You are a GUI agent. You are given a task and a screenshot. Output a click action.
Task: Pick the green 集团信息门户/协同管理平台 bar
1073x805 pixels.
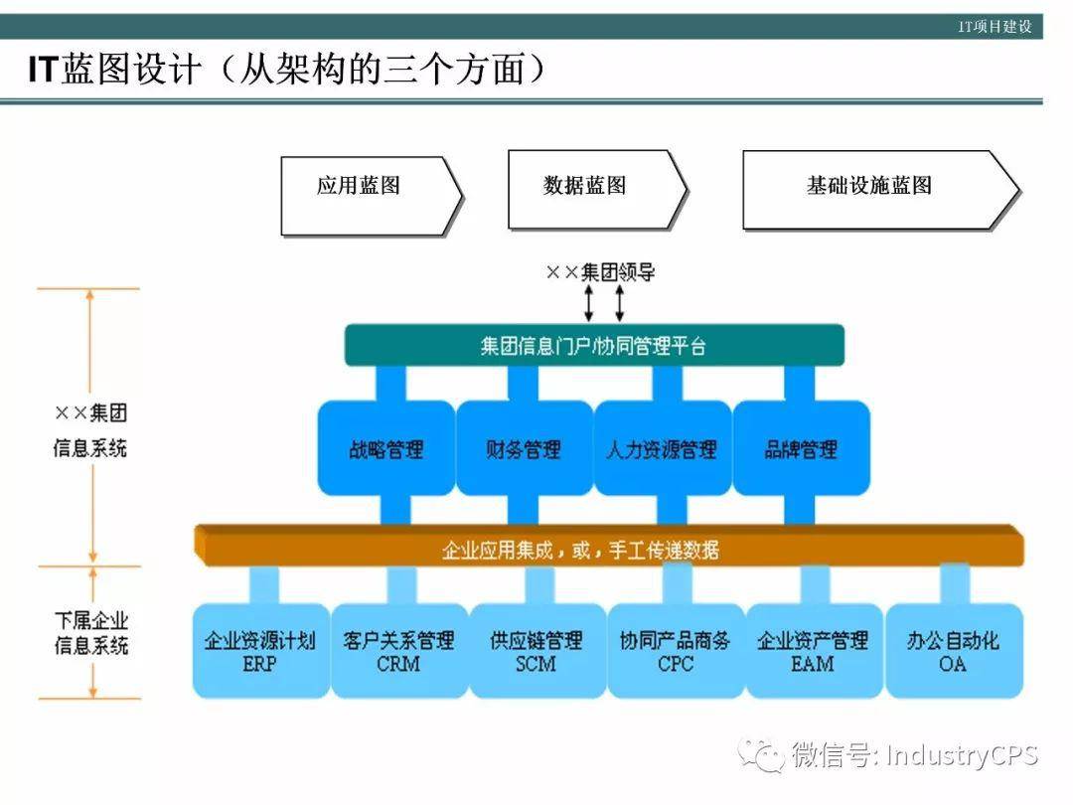(x=594, y=346)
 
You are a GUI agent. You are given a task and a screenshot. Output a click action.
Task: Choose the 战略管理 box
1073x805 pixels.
(x=385, y=449)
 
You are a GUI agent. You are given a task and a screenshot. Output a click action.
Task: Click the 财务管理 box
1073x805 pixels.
(x=524, y=449)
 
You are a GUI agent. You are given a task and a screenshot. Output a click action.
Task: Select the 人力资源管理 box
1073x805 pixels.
(x=662, y=449)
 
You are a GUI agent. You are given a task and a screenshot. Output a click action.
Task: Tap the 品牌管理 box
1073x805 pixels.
(x=801, y=449)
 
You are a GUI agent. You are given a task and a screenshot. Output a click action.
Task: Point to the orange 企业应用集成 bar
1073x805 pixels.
(x=608, y=549)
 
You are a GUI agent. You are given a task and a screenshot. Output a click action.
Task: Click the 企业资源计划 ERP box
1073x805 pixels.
(x=260, y=651)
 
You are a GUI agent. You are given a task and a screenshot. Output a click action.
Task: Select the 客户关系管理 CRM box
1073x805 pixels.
(x=398, y=651)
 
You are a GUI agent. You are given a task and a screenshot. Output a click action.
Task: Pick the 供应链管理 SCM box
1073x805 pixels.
(x=536, y=651)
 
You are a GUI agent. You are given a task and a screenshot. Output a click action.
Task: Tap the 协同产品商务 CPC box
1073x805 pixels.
(x=676, y=651)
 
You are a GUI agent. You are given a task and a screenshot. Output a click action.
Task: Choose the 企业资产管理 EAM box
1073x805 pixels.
(x=814, y=651)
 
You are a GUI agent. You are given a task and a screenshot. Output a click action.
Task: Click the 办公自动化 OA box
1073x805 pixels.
(x=953, y=651)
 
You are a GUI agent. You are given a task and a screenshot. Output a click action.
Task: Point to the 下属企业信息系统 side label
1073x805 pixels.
(x=90, y=633)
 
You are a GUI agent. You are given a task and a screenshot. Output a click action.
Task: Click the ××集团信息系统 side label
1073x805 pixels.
(x=90, y=430)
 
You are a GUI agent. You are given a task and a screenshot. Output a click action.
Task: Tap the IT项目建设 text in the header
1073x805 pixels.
(x=995, y=27)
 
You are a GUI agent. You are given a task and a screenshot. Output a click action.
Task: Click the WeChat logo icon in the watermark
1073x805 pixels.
(x=765, y=755)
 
